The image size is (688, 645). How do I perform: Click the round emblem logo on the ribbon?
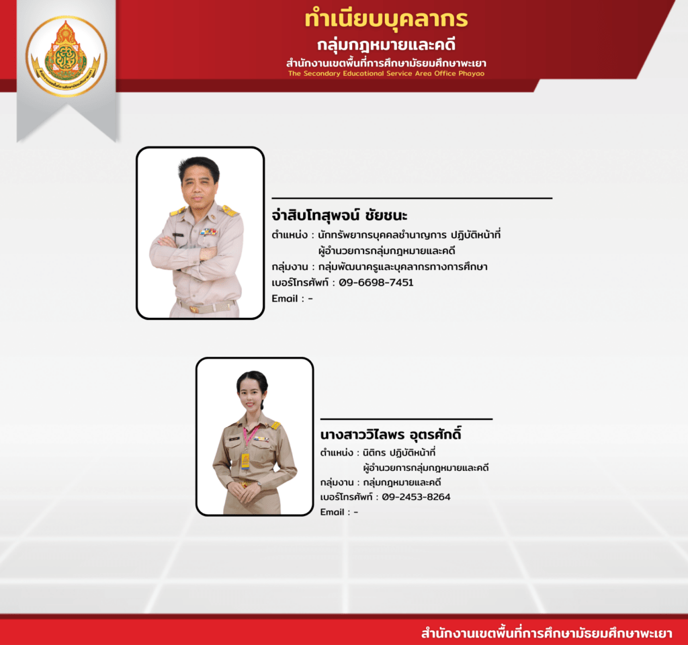[67, 56]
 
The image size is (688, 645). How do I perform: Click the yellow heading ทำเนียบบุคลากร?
[386, 19]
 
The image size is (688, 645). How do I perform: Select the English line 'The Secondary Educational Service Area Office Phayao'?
[386, 73]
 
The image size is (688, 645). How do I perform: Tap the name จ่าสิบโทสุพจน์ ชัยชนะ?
[339, 215]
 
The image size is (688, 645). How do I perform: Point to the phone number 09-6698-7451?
[376, 282]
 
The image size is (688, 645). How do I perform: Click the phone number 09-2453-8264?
[416, 497]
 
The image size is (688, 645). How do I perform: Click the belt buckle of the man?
[194, 309]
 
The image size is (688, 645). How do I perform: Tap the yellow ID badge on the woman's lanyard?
[245, 461]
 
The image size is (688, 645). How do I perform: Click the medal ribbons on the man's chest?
[208, 232]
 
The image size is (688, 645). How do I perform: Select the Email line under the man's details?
[292, 298]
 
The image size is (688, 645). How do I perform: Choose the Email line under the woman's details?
[339, 512]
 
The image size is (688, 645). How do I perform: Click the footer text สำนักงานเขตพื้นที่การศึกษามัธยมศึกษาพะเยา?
[547, 633]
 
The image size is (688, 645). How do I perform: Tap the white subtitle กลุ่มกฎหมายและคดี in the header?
[386, 45]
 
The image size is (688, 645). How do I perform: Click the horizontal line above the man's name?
[412, 198]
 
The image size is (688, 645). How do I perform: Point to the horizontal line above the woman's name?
[406, 419]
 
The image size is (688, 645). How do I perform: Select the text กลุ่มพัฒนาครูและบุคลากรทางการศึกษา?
[403, 266]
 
